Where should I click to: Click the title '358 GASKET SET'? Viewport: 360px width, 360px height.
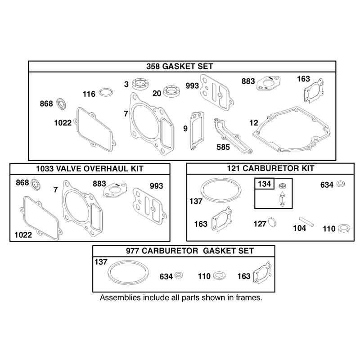180,66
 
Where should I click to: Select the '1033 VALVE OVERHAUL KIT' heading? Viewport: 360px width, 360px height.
90,169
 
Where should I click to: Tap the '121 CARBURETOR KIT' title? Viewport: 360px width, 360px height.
270,168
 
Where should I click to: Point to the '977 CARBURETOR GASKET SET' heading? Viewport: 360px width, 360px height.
190,251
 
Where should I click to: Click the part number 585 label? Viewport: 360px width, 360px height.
223,147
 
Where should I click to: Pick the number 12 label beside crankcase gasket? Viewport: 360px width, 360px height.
254,123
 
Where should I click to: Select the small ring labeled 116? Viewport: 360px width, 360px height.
106,93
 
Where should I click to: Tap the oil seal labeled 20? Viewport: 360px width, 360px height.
171,91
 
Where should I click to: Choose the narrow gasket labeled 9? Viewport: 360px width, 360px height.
197,130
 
